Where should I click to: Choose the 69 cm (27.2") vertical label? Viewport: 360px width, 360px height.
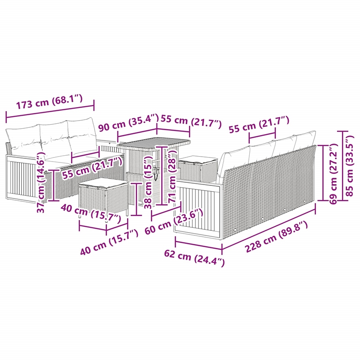333,174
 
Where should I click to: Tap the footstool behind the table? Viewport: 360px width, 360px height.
198,167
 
